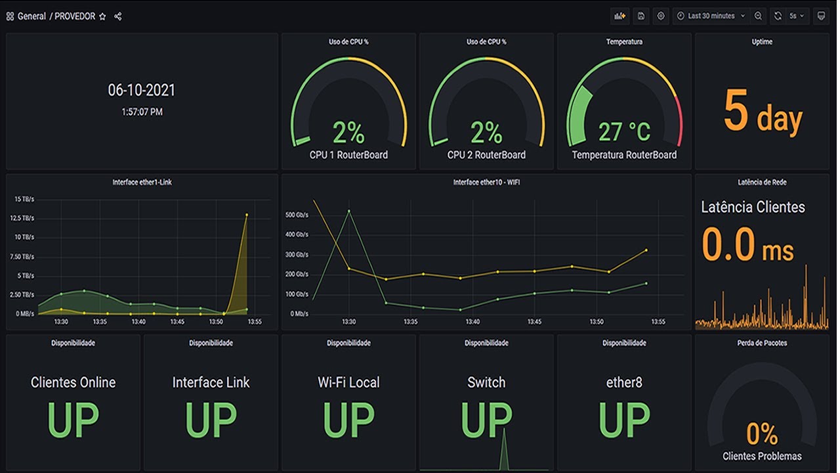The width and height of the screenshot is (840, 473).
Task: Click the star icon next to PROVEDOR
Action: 102,16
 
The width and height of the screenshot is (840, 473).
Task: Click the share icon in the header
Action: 118,16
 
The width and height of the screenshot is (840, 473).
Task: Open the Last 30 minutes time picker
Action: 711,16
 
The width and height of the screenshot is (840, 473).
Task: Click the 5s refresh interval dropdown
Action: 796,16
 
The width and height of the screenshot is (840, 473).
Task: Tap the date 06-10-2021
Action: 142,91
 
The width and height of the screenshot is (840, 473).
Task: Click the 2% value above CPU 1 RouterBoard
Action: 348,133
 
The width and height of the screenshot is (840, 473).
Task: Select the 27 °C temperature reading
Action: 624,132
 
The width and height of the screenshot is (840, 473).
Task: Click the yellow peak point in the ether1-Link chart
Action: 247,215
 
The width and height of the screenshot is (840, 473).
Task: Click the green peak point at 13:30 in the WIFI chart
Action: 348,211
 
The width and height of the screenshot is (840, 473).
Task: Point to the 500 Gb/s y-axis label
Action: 297,214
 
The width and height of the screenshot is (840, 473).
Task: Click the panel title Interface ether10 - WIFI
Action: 486,182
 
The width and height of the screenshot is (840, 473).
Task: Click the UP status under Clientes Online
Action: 73,420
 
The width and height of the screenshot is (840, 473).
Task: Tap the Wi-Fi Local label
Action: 348,382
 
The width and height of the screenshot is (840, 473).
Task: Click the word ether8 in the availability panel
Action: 624,382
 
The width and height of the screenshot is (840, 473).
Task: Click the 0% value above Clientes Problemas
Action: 762,434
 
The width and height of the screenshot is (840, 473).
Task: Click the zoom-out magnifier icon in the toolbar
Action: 758,16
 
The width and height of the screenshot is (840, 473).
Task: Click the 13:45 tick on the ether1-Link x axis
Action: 177,322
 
